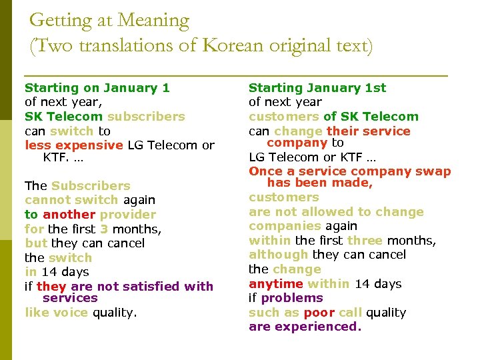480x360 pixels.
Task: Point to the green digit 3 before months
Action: (x=104, y=229)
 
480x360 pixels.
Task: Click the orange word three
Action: (x=365, y=240)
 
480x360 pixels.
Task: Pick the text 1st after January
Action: (x=375, y=87)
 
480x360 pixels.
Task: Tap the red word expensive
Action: (x=90, y=145)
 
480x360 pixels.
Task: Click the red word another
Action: (x=69, y=214)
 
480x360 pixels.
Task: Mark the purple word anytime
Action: (x=276, y=283)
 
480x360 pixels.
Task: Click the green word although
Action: (x=278, y=255)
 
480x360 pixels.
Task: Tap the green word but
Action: (x=36, y=243)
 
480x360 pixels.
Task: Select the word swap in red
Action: (x=433, y=171)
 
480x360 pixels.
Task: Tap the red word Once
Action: (x=265, y=171)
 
